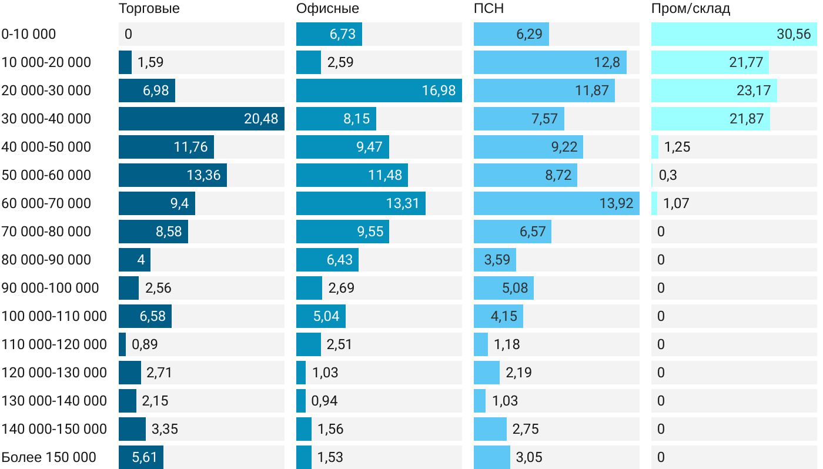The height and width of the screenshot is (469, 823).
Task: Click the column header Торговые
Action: [x=149, y=9]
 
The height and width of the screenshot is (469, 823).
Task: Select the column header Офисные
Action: [x=327, y=9]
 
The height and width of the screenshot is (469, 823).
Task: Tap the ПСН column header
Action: [x=489, y=9]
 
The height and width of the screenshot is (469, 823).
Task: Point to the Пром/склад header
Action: [x=690, y=9]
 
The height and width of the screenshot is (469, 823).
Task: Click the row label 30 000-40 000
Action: [x=46, y=119]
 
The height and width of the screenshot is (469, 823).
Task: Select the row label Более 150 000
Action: [x=49, y=457]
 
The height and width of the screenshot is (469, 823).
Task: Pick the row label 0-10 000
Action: [x=29, y=34]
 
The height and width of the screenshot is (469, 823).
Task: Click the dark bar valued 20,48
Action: [x=201, y=119]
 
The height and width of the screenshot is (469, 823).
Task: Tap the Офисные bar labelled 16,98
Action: [x=379, y=91]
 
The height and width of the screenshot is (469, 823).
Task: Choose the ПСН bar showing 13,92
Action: [x=556, y=203]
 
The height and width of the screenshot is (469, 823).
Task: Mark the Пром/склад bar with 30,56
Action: [x=734, y=34]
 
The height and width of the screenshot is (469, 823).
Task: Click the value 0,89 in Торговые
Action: [x=145, y=344]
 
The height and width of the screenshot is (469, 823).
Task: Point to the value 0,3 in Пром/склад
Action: [x=668, y=175]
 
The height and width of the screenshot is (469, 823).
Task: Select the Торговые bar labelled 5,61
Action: [x=141, y=457]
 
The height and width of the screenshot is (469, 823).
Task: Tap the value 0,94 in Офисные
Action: [x=324, y=401]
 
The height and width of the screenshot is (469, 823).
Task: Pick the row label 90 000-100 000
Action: [x=51, y=288]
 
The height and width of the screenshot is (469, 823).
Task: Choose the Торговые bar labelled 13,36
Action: [x=172, y=175]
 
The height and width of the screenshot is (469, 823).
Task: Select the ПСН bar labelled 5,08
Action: [x=503, y=288]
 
